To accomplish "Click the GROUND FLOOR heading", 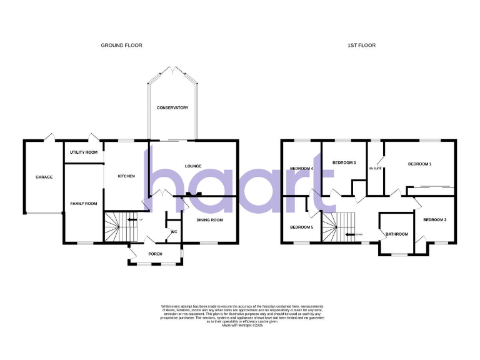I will [122, 46].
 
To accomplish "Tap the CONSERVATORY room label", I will [172, 108].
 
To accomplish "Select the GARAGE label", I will [44, 177].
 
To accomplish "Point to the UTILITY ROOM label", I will [84, 152].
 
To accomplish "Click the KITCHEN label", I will [126, 176].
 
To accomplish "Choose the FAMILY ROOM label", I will [84, 203].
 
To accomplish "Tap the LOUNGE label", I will [193, 166].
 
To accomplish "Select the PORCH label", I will [155, 254].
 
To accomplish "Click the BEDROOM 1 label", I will [419, 164].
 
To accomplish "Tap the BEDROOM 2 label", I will [434, 220].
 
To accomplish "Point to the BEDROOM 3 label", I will [344, 162].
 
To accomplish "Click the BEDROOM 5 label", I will [301, 226].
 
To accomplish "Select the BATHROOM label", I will [396, 234].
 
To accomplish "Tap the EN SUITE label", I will [375, 168].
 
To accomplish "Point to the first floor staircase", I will [338, 225].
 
